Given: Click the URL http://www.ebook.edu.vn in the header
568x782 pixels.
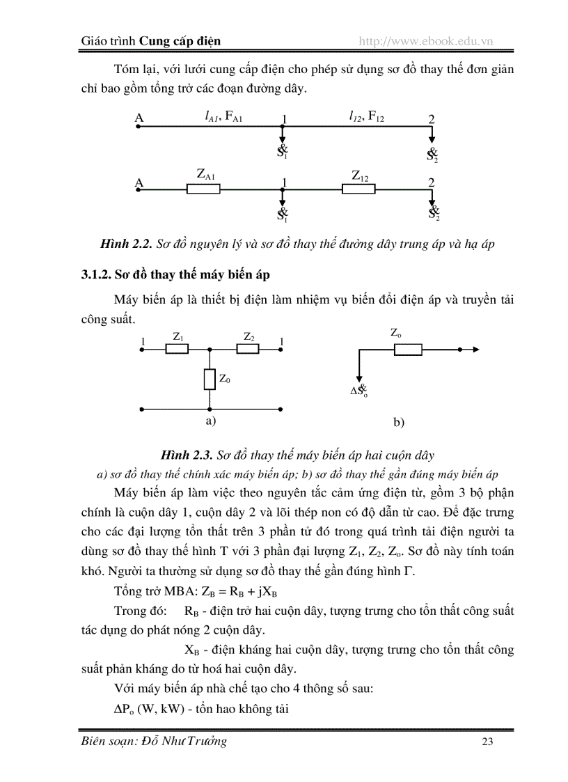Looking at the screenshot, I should pyautogui.click(x=425, y=41).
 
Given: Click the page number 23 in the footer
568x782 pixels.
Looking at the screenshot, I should pyautogui.click(x=487, y=742).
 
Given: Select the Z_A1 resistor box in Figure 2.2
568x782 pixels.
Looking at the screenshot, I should pyautogui.click(x=203, y=189).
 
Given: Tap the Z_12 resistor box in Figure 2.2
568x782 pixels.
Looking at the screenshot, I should pyautogui.click(x=359, y=189).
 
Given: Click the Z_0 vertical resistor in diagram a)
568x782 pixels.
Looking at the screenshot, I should pyautogui.click(x=210, y=380).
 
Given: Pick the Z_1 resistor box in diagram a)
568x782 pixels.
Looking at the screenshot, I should pyautogui.click(x=177, y=349).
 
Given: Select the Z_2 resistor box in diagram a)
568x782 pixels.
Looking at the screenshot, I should pyautogui.click(x=248, y=349).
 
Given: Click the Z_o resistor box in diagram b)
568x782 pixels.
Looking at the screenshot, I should pyautogui.click(x=408, y=349).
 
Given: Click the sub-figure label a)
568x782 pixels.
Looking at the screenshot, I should pyautogui.click(x=210, y=421).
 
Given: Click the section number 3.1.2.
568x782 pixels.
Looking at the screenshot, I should pyautogui.click(x=96, y=273).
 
